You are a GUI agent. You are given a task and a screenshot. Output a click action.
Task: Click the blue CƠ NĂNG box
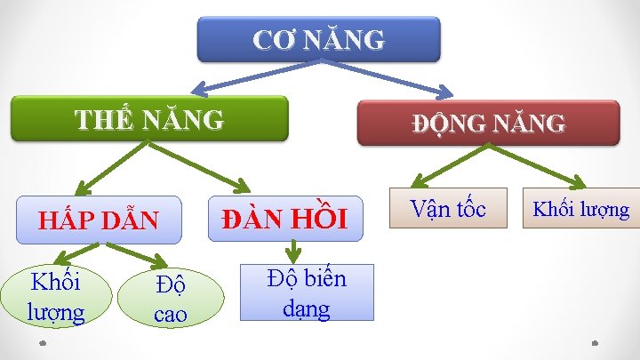tap(318, 39)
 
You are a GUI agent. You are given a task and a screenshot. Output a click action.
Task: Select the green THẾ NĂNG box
tap(149, 118)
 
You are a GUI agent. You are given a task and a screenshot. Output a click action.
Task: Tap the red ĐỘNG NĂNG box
tap(488, 124)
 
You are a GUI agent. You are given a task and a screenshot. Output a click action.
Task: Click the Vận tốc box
tap(448, 208)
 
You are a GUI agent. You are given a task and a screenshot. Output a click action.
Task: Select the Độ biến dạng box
tap(306, 292)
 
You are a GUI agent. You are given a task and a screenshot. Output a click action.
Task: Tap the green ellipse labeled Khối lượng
tap(56, 297)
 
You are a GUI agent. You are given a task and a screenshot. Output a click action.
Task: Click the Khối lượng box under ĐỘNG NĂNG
tap(580, 209)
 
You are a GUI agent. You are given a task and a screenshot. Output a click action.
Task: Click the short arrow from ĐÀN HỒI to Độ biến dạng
tap(292, 251)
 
